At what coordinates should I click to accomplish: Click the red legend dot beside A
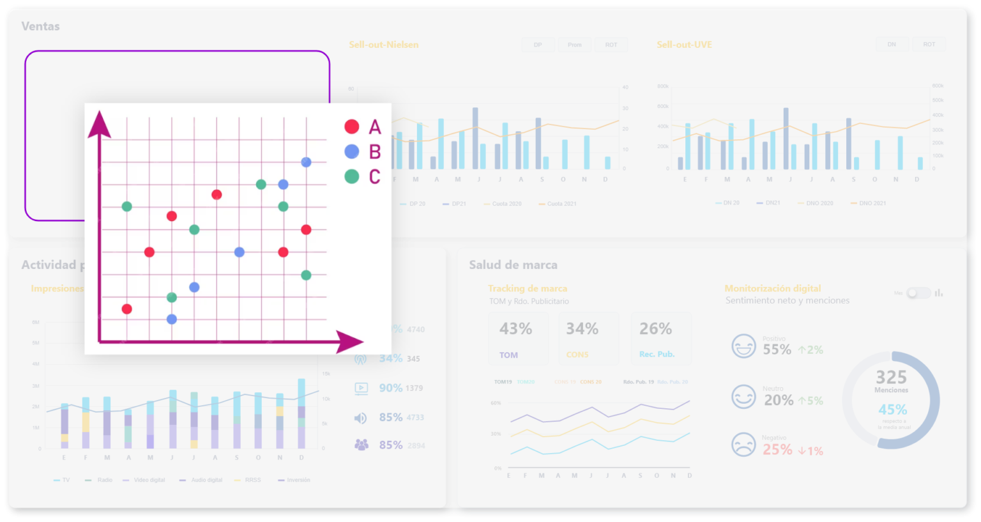pos(351,127)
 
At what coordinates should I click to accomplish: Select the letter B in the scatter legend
pos(375,152)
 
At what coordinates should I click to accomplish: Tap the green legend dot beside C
pos(351,176)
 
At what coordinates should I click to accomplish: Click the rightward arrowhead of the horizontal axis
pos(349,342)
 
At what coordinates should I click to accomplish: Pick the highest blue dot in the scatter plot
pos(306,162)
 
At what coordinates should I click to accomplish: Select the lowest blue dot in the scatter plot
pos(171,319)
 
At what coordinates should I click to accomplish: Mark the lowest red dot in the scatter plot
pos(126,309)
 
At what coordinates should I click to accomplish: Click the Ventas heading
pos(40,26)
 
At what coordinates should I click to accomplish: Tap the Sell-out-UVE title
pos(684,45)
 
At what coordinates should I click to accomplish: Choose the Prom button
pos(574,45)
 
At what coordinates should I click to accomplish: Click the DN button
pos(892,45)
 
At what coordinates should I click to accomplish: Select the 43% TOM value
pos(515,329)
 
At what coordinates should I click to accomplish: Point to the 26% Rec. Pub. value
pos(656,329)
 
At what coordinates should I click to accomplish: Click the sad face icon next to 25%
pos(743,444)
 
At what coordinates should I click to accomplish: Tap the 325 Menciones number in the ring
pos(891,378)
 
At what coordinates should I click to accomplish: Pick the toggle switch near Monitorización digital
pos(918,293)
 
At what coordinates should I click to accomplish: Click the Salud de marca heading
pos(513,265)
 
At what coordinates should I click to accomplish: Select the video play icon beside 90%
pos(361,388)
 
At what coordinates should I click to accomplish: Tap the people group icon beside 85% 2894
pos(361,445)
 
